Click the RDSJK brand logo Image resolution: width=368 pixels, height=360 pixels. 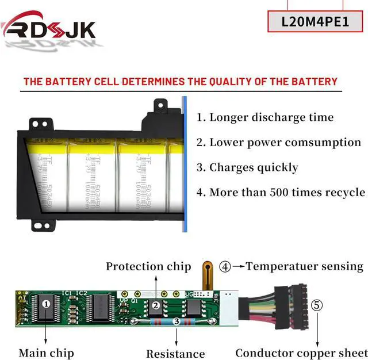coord(49,28)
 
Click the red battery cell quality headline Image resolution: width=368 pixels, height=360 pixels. coord(180,81)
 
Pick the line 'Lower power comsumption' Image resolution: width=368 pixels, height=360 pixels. coord(278,143)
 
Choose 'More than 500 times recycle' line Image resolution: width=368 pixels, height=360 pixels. coord(280,192)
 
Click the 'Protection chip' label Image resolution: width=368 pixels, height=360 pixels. coord(148,266)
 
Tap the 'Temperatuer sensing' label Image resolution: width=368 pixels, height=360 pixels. coord(305,266)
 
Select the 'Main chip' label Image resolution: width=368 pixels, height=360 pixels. coord(46,353)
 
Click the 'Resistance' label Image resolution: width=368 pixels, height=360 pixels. coord(175,354)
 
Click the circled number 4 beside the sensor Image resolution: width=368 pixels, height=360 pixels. coord(225,266)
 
